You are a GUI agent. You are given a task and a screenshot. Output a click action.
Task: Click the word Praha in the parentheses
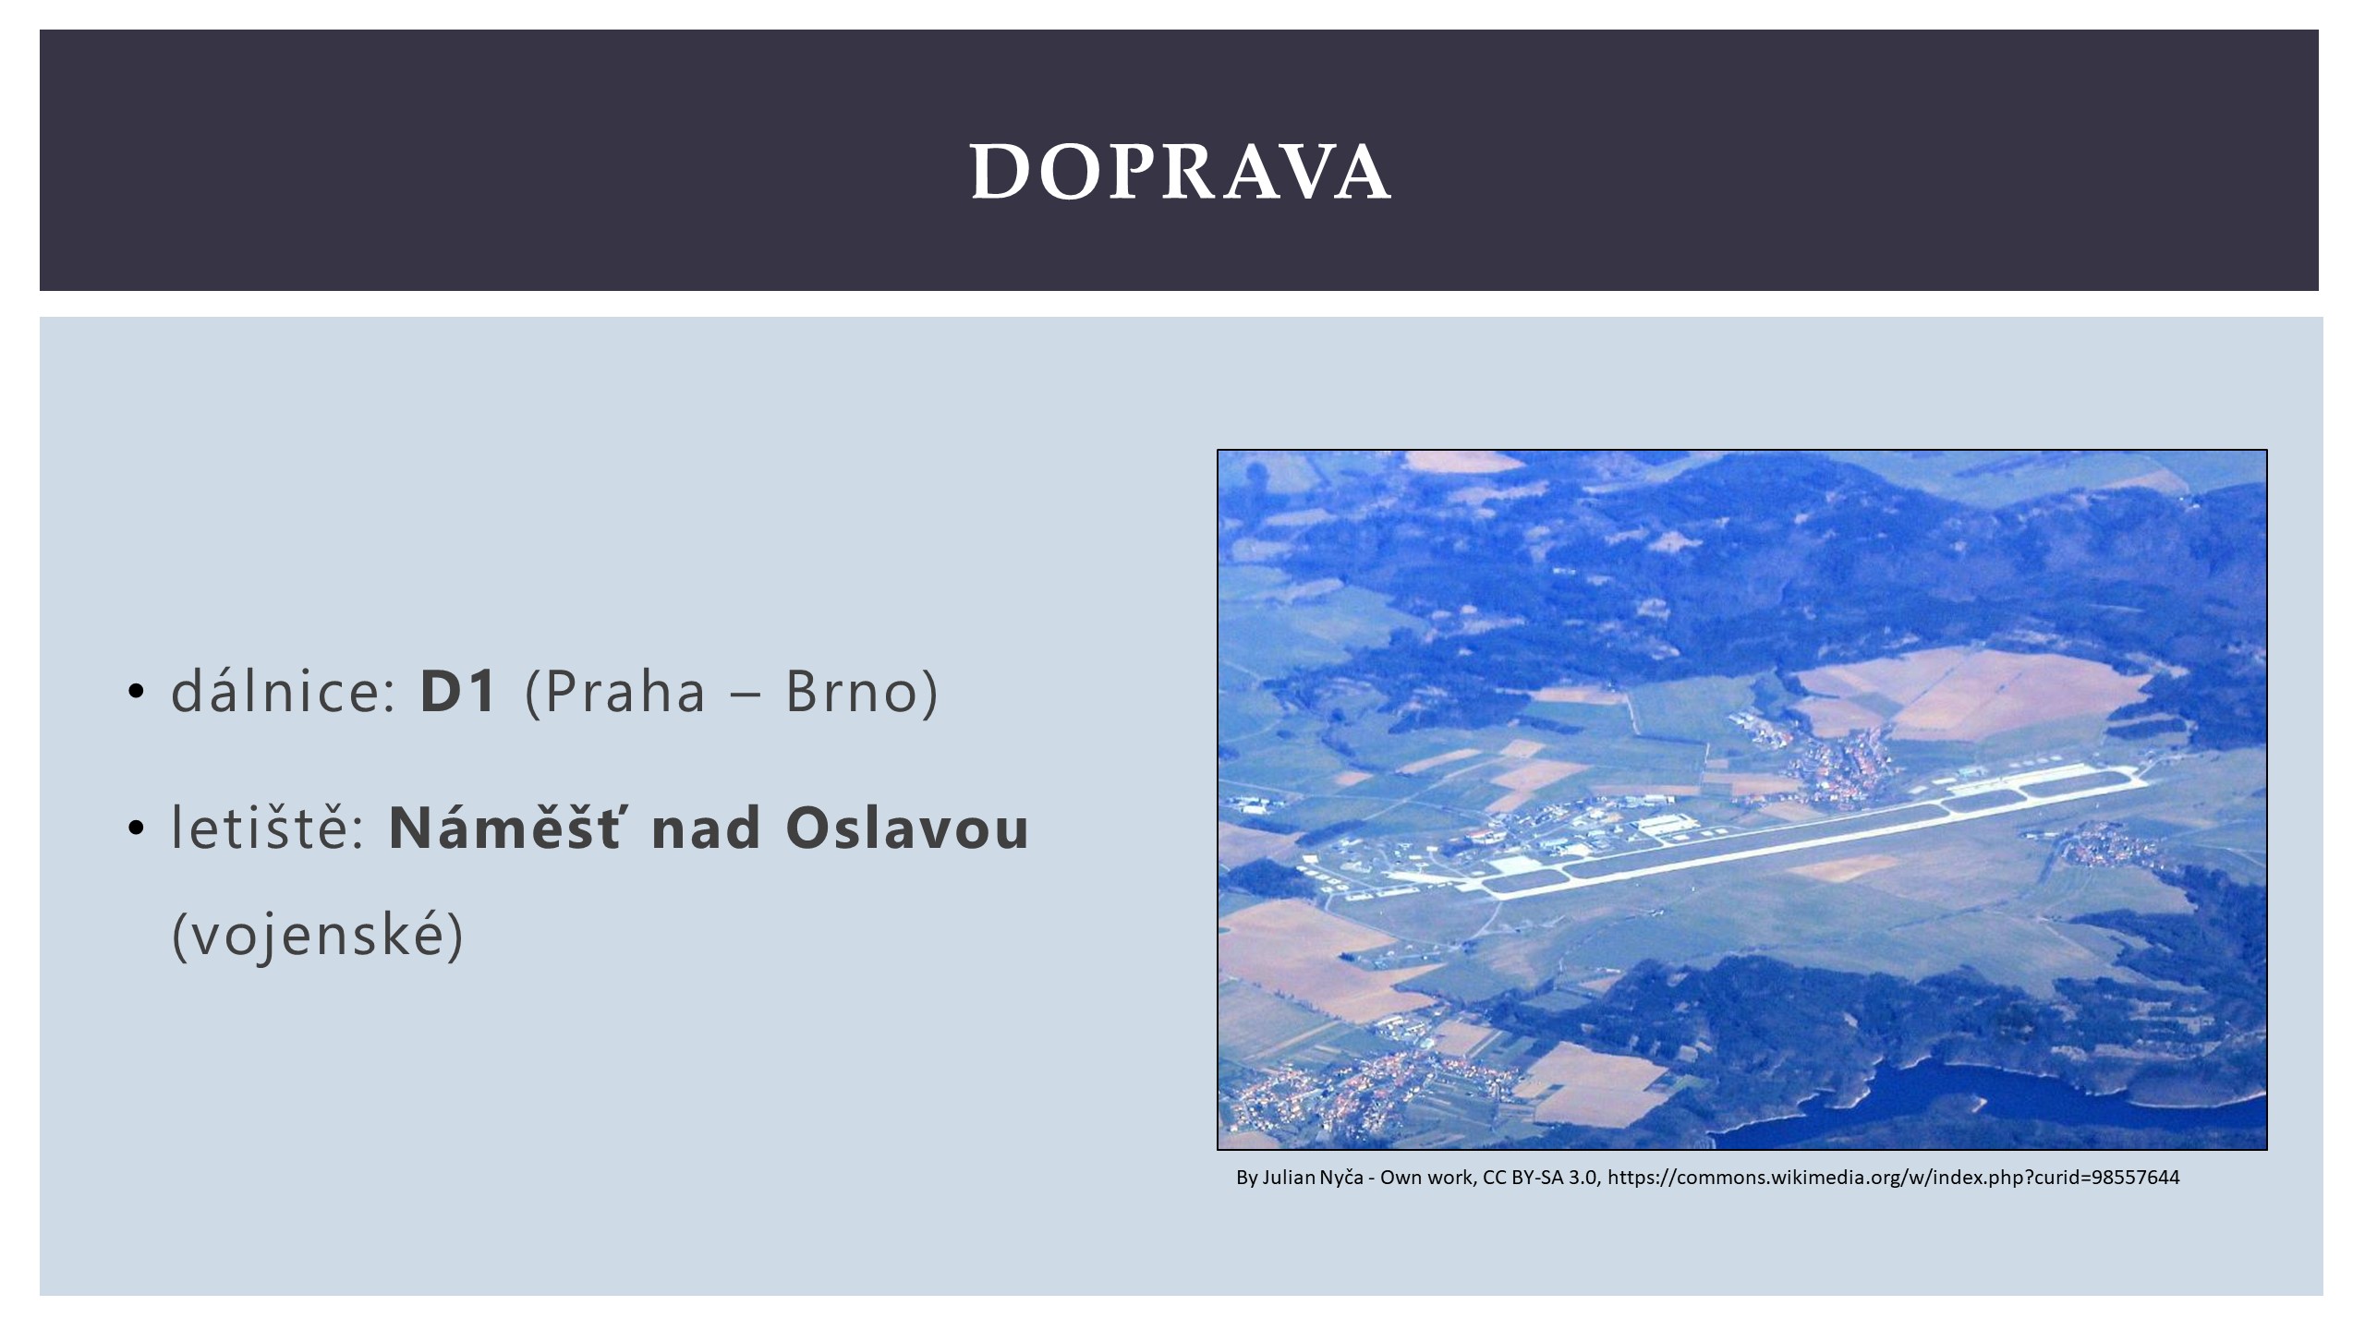[x=625, y=692]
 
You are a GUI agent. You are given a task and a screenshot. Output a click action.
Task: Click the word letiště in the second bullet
[x=267, y=828]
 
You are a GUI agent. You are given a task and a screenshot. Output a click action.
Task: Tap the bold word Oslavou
[x=906, y=828]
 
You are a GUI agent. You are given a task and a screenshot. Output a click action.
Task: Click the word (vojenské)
[x=318, y=936]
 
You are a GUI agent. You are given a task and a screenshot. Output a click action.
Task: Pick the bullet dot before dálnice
[x=137, y=693]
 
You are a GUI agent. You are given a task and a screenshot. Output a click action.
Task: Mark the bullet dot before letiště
[x=137, y=828]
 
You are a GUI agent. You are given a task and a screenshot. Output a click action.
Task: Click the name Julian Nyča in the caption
[x=1312, y=1178]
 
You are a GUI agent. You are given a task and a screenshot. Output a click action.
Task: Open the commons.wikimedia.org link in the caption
[x=1894, y=1178]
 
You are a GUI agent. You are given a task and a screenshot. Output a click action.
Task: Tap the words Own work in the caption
[x=1427, y=1178]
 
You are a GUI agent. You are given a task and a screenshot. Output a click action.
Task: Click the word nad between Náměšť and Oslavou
[x=707, y=828]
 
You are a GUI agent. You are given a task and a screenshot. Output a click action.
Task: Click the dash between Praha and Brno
[x=745, y=695]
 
